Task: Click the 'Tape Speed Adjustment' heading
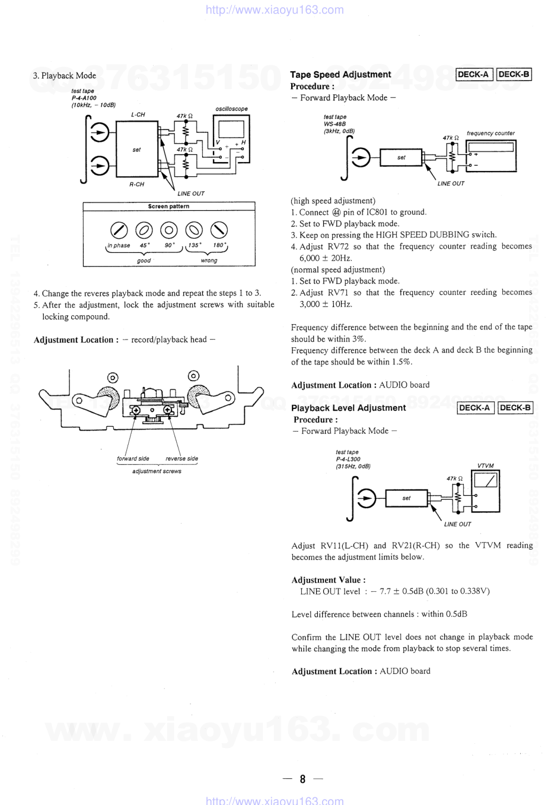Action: (x=340, y=75)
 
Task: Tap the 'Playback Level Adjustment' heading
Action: (x=348, y=408)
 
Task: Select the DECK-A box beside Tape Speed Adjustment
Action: (x=474, y=74)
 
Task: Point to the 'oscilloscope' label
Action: (x=231, y=109)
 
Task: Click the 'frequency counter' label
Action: (x=491, y=133)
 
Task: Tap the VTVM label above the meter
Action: (x=485, y=466)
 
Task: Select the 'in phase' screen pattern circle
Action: (x=119, y=230)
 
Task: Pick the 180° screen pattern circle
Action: (x=219, y=230)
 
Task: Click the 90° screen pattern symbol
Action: (x=169, y=230)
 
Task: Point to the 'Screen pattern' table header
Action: (x=169, y=207)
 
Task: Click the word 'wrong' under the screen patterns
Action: (x=209, y=261)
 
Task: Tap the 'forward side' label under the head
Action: (x=133, y=458)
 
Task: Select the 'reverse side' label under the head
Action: (x=181, y=458)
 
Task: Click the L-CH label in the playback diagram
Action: (x=138, y=115)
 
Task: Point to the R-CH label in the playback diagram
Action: (x=136, y=185)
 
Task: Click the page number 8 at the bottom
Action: (x=302, y=779)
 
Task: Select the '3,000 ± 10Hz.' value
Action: (x=326, y=304)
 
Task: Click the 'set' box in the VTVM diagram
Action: (x=406, y=498)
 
